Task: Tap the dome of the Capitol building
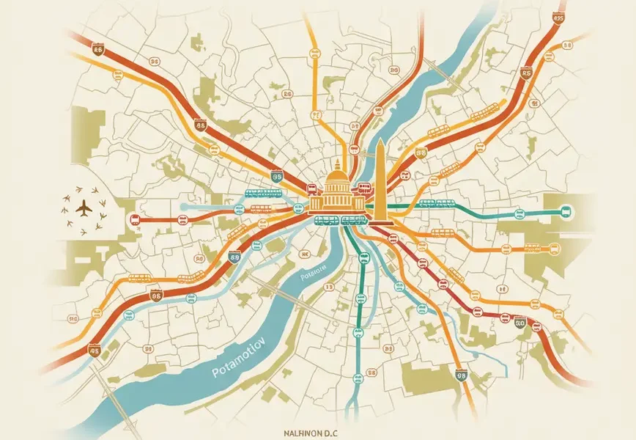(x=337, y=178)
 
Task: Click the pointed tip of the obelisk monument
(x=380, y=140)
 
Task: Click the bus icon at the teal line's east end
(x=566, y=213)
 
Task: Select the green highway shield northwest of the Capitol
(x=277, y=175)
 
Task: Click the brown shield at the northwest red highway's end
(x=98, y=48)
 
